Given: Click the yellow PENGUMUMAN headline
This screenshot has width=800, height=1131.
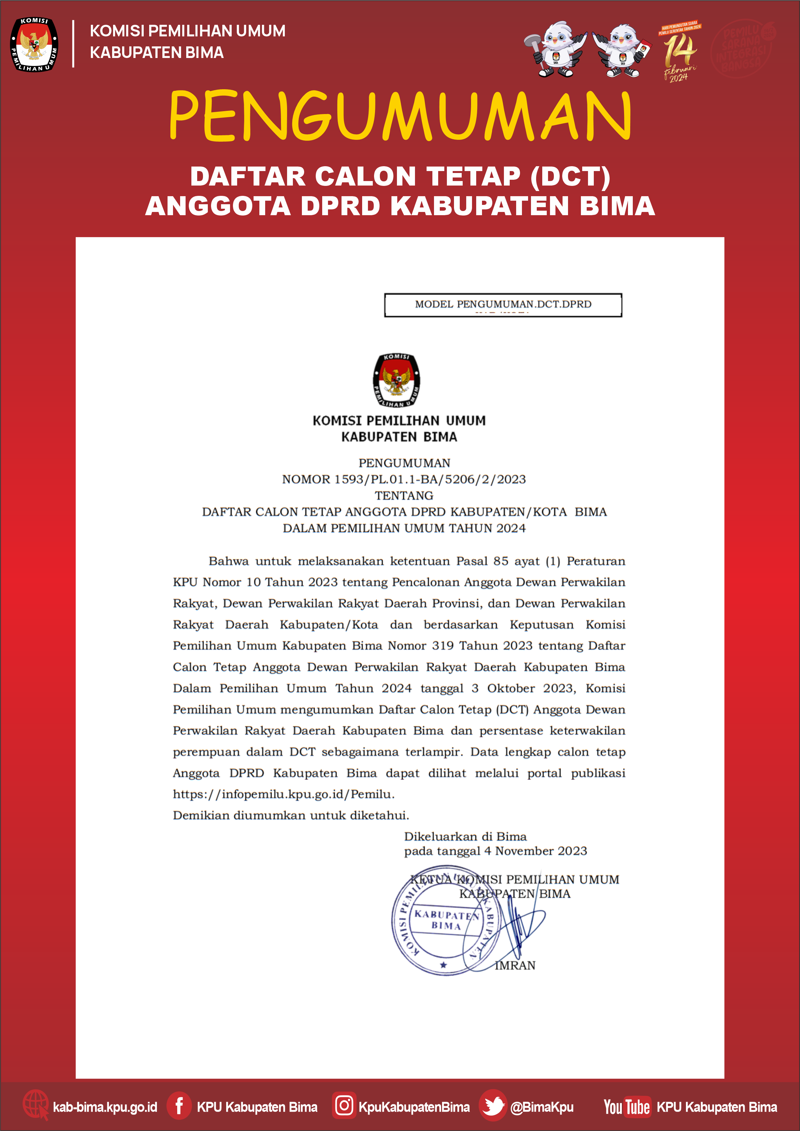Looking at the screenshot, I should click(400, 116).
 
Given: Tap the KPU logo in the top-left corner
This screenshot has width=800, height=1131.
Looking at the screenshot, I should click(34, 44).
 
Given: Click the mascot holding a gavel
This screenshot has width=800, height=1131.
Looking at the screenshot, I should click(557, 49).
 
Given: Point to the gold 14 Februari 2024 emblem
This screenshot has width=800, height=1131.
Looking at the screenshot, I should click(680, 52).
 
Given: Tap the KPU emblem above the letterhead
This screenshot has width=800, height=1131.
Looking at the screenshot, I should click(397, 380).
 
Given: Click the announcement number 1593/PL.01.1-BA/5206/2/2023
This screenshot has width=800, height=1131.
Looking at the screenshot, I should click(404, 479).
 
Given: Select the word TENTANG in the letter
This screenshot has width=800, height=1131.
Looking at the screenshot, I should click(404, 495).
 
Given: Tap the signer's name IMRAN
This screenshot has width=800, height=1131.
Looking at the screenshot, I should click(515, 965).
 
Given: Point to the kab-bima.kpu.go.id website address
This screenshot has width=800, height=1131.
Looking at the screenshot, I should click(105, 1107).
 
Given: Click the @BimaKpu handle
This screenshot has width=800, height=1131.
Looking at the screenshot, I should click(542, 1107).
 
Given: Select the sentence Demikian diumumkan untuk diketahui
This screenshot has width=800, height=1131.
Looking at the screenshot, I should click(291, 815).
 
